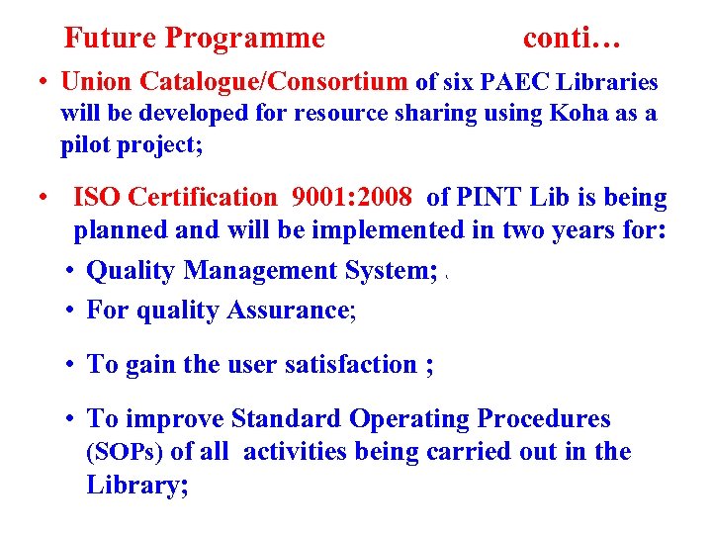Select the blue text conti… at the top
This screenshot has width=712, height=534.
click(573, 39)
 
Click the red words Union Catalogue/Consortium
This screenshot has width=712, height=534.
click(234, 81)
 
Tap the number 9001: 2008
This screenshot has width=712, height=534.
click(352, 198)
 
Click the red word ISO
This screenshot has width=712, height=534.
click(96, 198)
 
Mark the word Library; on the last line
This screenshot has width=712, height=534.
click(136, 486)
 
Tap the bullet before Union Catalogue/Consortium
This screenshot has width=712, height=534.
click(45, 82)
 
